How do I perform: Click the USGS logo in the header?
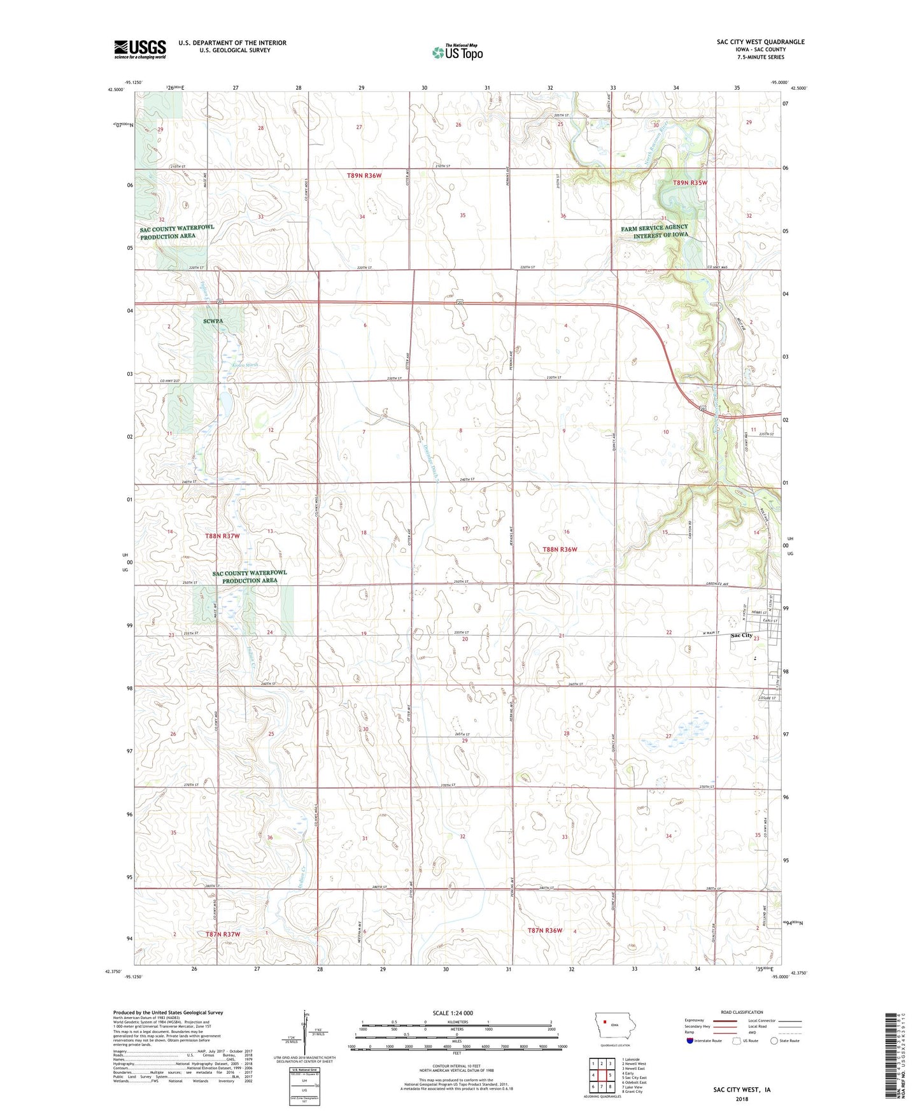tap(140, 49)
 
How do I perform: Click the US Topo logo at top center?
tap(457, 52)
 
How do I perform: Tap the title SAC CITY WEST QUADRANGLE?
tap(760, 42)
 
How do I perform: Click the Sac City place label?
tap(741, 636)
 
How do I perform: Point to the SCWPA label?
tap(213, 321)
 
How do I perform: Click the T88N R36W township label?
tap(560, 549)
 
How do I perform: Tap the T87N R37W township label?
tap(223, 934)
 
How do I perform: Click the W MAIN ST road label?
tap(710, 632)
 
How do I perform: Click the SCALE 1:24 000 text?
tap(453, 1013)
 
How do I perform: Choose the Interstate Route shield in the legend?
tap(691, 1041)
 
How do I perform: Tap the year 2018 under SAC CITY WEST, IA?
tap(742, 1099)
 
